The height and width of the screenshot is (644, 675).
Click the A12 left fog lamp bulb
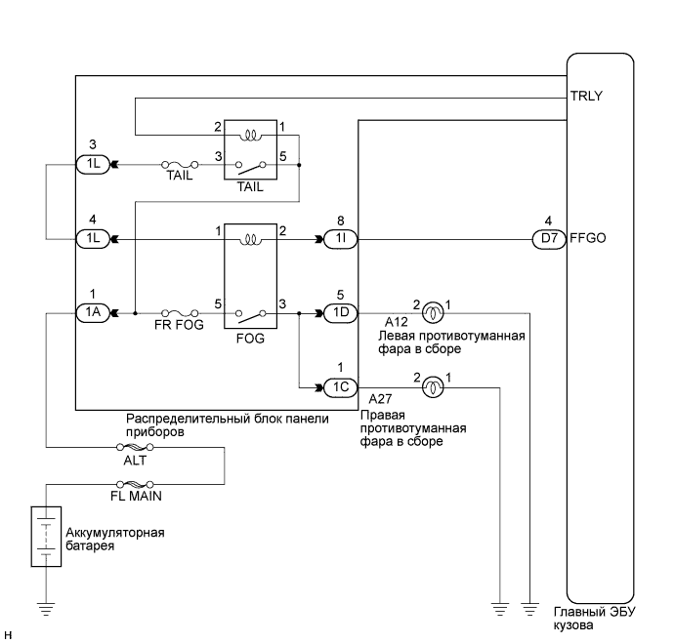(x=430, y=313)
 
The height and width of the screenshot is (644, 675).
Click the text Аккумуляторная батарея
(x=114, y=540)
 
